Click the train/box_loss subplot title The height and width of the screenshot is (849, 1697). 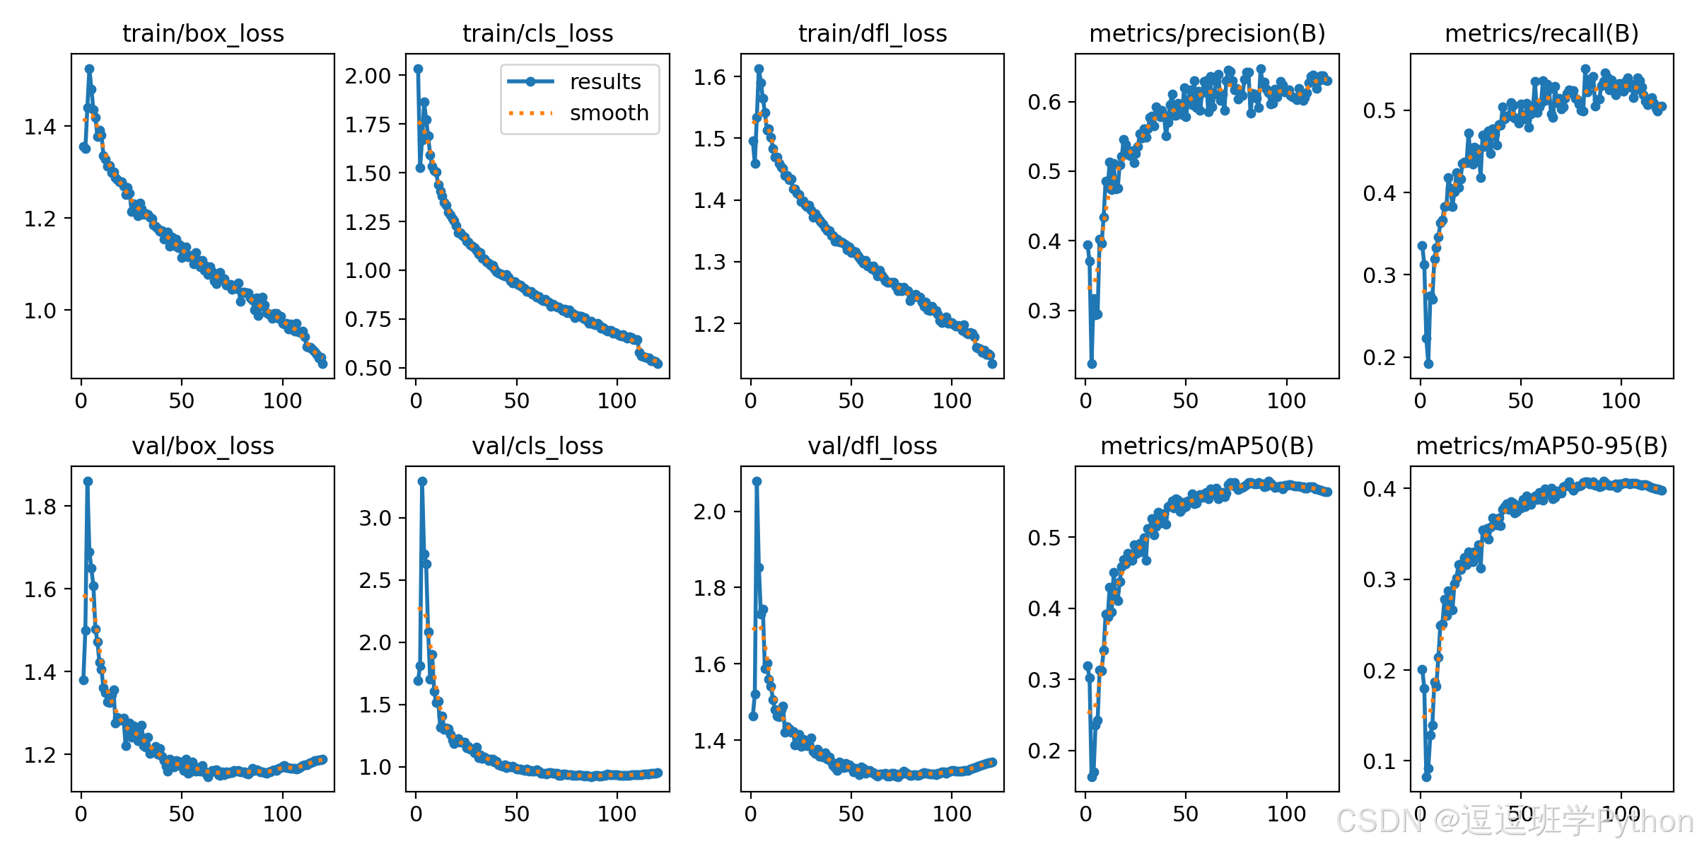pos(203,33)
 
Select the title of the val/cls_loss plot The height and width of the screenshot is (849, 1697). pos(537,446)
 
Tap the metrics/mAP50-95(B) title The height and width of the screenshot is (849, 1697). pos(1541,446)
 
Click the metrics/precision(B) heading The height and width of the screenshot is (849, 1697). pos(1207,33)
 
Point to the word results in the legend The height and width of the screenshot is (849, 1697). pos(605,81)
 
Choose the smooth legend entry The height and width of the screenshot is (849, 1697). pos(610,112)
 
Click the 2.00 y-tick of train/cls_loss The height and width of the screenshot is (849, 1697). pos(368,76)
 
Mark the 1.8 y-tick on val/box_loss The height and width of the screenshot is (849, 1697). pos(40,507)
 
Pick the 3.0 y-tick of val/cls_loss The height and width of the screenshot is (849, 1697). pos(375,518)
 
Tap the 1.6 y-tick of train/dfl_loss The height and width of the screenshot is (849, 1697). pos(710,77)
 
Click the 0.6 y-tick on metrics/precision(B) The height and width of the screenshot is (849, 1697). pos(1044,102)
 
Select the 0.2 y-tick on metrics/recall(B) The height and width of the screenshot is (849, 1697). pos(1380,357)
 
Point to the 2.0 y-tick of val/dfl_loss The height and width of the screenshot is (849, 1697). pos(710,512)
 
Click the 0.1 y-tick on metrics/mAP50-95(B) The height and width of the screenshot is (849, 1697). pos(1380,761)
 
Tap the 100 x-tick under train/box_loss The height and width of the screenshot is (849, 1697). pos(282,401)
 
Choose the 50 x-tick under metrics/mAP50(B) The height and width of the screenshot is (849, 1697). pos(1186,814)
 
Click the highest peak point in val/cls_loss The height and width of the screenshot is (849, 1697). pos(422,481)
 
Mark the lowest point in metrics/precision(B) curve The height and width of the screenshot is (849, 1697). pos(1092,364)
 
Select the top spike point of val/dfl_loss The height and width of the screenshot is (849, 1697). pos(757,481)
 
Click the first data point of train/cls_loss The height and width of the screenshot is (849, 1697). pos(418,69)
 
